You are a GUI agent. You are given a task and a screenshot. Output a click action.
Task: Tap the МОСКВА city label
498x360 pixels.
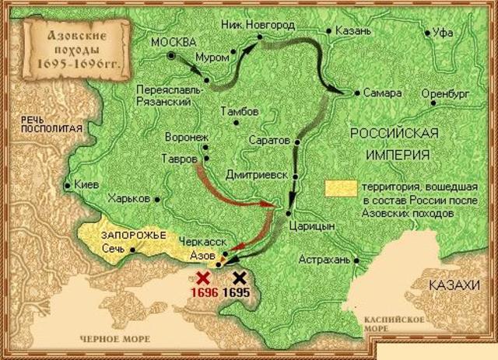[x=174, y=40]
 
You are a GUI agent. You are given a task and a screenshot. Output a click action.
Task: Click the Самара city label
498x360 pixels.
[x=382, y=93]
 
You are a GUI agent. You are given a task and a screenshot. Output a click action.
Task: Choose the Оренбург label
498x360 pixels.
[x=447, y=93]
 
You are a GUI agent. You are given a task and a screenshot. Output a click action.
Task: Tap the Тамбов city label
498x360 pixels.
[x=239, y=112]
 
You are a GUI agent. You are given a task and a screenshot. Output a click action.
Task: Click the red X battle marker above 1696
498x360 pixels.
[x=204, y=278]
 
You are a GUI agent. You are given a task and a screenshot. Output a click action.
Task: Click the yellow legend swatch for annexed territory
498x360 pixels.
[x=340, y=188]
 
